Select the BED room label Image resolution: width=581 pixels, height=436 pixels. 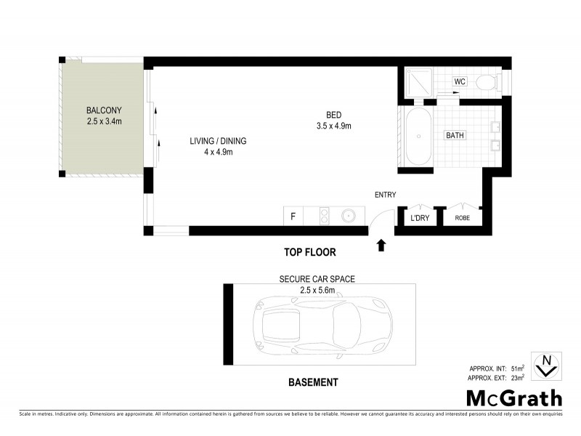[x=333, y=116]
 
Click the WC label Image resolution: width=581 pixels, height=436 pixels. [x=460, y=81]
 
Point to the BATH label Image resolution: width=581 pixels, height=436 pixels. [x=455, y=135]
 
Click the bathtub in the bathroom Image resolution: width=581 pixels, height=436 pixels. [x=418, y=137]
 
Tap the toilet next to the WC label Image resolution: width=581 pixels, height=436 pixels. [x=486, y=82]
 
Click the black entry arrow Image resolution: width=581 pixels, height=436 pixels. [x=381, y=246]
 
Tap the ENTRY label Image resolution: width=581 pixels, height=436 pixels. [x=384, y=195]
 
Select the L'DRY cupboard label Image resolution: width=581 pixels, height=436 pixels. [x=419, y=218]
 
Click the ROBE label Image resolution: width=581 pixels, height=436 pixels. [x=463, y=218]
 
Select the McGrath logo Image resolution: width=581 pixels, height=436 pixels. [x=513, y=397]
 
